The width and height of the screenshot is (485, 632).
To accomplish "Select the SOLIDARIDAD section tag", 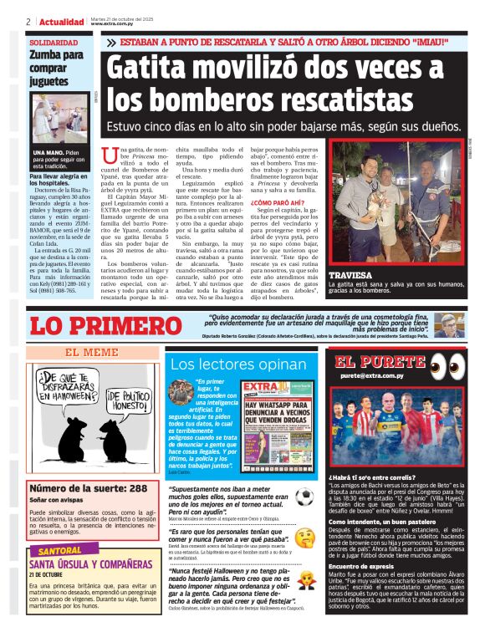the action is pyautogui.click(x=54, y=42).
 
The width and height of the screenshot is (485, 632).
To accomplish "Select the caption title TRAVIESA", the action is pyautogui.click(x=349, y=274).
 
